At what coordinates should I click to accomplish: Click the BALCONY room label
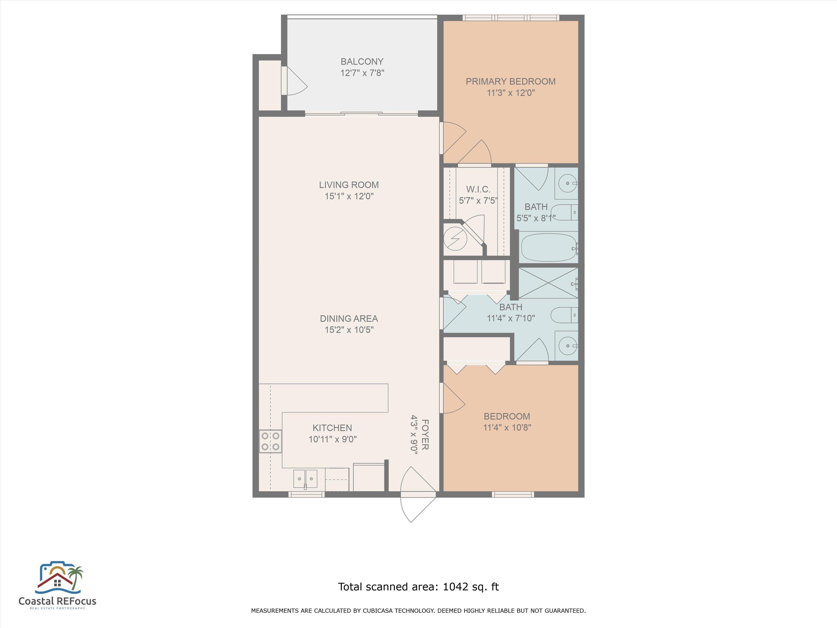tap(362, 61)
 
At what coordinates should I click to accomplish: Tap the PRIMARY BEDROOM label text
tap(510, 81)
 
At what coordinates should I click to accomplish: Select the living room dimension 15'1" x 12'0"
tap(349, 196)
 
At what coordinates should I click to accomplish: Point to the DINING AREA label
tap(349, 319)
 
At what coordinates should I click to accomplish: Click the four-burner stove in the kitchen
tap(271, 441)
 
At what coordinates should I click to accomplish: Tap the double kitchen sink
tap(305, 479)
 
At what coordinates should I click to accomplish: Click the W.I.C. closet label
tap(478, 189)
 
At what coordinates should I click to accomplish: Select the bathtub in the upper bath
tap(549, 247)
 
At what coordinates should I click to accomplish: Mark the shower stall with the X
tap(548, 283)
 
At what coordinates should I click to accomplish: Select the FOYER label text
tap(425, 434)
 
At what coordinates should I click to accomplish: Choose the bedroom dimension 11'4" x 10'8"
tap(507, 428)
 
